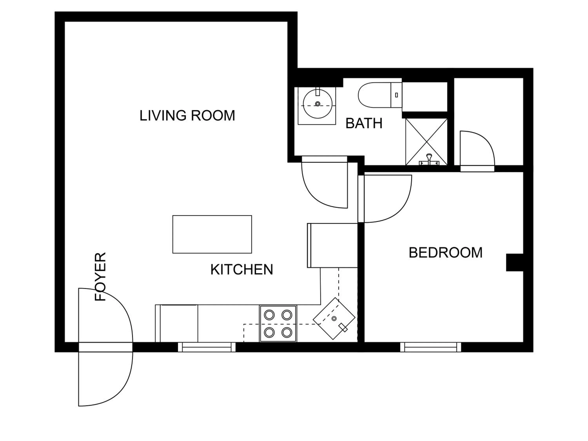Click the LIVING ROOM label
click(187, 116)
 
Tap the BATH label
click(364, 124)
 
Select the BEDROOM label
click(446, 253)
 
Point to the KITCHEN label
click(242, 270)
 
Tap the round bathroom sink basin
click(317, 104)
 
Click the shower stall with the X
click(426, 142)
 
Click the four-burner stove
click(278, 324)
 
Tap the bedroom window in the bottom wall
click(430, 347)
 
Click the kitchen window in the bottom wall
click(207, 347)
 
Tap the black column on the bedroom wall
click(514, 263)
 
